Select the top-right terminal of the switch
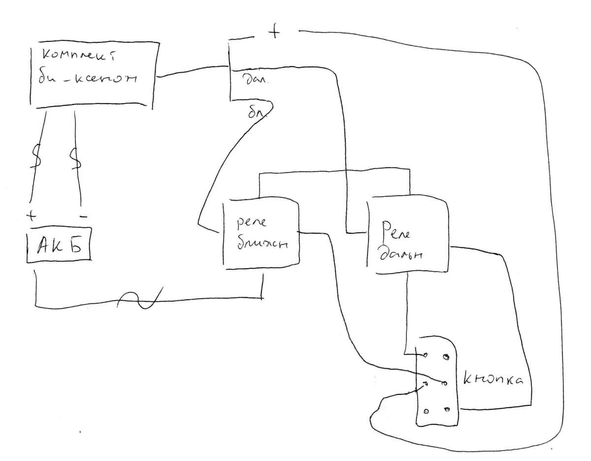446,356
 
